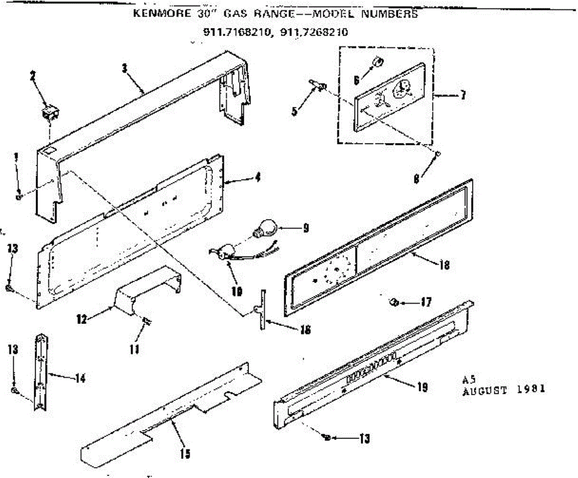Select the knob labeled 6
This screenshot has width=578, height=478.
(378, 62)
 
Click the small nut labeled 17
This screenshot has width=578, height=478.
(393, 302)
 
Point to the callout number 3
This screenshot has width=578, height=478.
(124, 68)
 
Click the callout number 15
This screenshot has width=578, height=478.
(185, 453)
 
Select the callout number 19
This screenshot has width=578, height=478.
(422, 388)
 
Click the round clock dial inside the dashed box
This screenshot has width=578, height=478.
(401, 88)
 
